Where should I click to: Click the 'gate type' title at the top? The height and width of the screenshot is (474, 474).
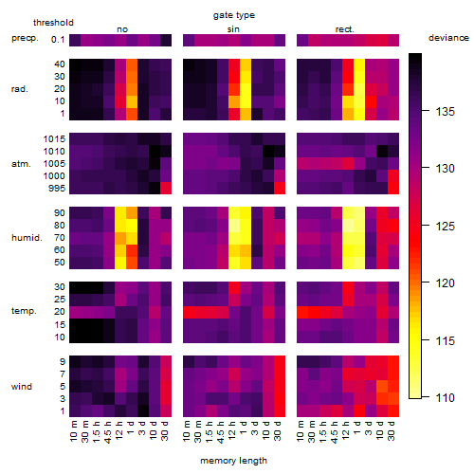tap(234, 15)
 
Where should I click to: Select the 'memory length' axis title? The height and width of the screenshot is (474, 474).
tap(233, 461)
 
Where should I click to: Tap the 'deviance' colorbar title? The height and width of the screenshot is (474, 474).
tap(448, 38)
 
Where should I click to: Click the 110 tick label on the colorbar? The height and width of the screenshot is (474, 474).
tap(445, 397)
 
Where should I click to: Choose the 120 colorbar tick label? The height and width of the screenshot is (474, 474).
tap(445, 283)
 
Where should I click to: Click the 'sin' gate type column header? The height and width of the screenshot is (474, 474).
tap(233, 29)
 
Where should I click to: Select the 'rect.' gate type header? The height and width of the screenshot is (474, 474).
tap(344, 29)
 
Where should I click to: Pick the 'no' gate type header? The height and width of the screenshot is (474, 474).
tap(122, 29)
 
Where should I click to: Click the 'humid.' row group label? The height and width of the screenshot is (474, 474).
tap(27, 238)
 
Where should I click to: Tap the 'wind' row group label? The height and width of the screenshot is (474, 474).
tap(22, 387)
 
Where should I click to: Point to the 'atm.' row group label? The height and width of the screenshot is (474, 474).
tap(21, 164)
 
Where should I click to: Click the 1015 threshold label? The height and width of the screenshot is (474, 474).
tap(54, 139)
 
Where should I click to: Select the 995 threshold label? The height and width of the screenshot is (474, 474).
tap(57, 189)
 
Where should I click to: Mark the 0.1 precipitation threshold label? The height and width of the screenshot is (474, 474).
tap(58, 40)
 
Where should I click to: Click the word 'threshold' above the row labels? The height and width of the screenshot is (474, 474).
tap(53, 23)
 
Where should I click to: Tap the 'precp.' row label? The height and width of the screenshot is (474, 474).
tap(25, 39)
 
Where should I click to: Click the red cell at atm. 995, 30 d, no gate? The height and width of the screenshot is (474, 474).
tap(166, 188)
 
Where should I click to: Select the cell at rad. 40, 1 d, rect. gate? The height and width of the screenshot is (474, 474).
tap(359, 64)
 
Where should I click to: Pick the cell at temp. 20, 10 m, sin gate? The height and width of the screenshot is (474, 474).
tap(189, 312)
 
